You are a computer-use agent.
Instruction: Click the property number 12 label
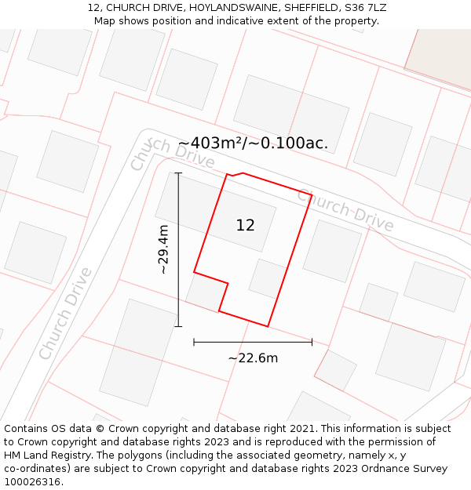(x=245, y=225)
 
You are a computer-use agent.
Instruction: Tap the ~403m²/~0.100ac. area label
(x=253, y=143)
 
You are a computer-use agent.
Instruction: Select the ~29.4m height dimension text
(x=163, y=249)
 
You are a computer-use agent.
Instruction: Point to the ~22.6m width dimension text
(x=253, y=358)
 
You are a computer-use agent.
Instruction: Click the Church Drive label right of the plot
(x=345, y=209)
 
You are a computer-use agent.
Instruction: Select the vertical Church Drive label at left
(x=66, y=314)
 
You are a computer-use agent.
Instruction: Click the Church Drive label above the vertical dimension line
(x=173, y=154)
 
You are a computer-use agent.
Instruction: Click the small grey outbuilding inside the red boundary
(x=267, y=278)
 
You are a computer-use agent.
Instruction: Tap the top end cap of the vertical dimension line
(x=178, y=173)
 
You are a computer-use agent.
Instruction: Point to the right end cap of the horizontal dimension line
(x=312, y=342)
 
